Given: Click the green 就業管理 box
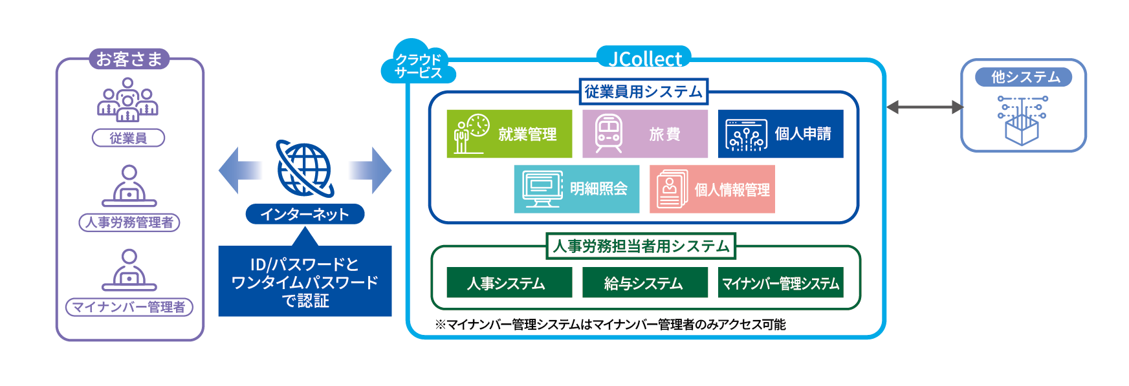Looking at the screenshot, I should tap(509, 134).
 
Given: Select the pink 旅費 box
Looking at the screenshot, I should tap(644, 134).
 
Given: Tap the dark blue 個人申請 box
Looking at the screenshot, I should tap(780, 134).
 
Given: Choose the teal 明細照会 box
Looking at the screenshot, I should tap(576, 189).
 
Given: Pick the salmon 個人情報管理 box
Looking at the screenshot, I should tap(712, 189).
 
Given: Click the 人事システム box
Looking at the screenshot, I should tap(509, 283).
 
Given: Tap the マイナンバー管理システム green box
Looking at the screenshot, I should tap(780, 283).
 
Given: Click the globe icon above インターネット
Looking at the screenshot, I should tap(305, 169).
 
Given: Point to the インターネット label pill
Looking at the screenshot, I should tap(305, 214).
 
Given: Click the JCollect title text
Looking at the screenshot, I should tap(644, 59).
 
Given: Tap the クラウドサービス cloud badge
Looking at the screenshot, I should tap(419, 65).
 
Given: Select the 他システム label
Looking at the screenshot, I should tap(1024, 77).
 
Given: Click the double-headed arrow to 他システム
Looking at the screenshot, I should tap(924, 107).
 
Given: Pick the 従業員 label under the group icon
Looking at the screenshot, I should tap(128, 138).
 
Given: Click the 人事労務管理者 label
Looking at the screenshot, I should tap(129, 222).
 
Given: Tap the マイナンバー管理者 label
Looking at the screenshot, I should tap(129, 306).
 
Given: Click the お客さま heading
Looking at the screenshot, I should tap(129, 59).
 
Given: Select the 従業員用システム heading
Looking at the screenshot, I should tap(643, 92).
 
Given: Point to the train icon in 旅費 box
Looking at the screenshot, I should tap(609, 133).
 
